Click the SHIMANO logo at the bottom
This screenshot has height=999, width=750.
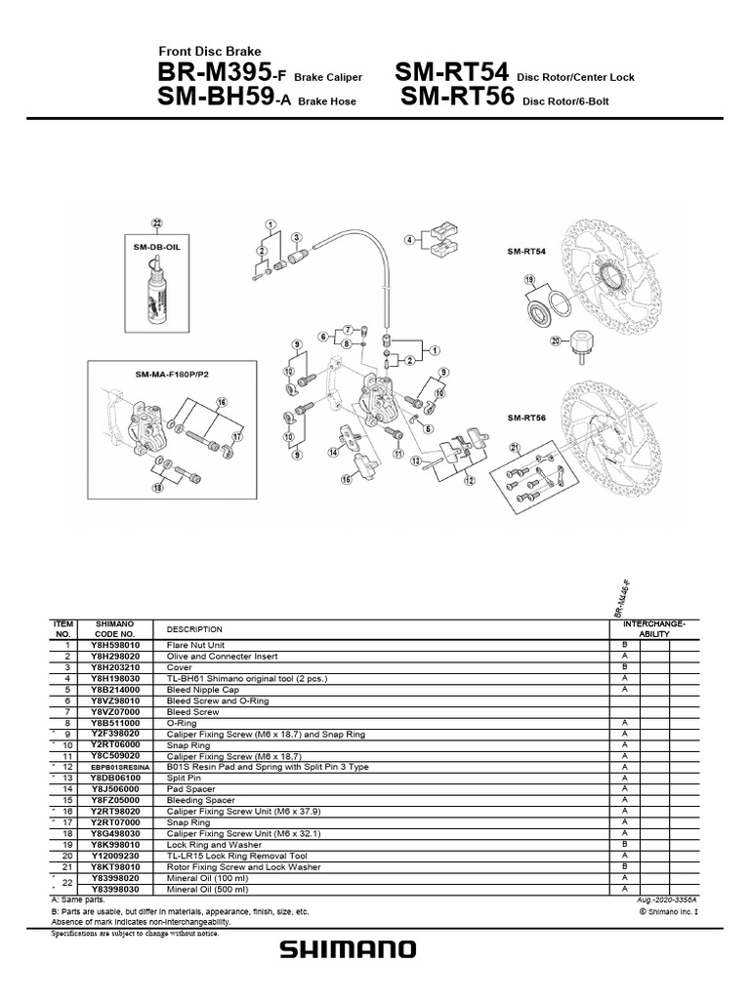(348, 949)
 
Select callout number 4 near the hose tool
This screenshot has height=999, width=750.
(411, 239)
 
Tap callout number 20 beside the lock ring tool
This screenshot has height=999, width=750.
(555, 340)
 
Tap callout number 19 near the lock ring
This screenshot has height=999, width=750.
(528, 280)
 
